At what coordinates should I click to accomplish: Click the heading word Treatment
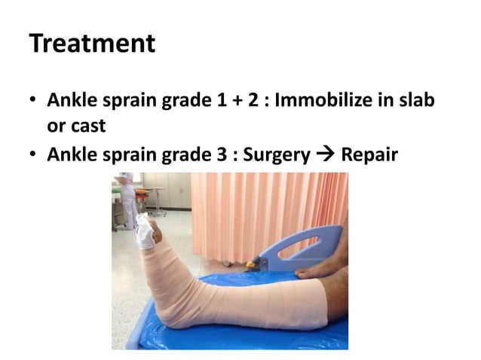pos(92,44)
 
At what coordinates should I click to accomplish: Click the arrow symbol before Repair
pos(325,156)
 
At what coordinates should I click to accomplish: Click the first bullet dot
pos(34,100)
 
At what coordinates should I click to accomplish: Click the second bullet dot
pos(34,156)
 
